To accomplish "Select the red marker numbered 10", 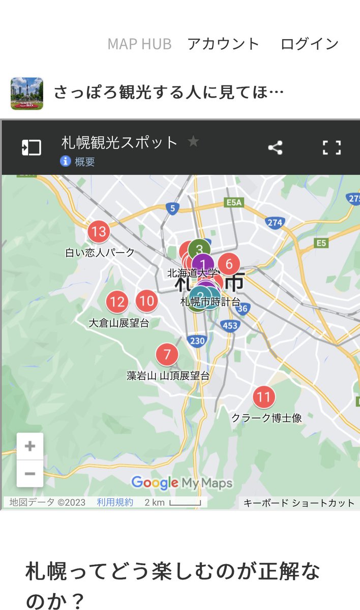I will tap(146, 301).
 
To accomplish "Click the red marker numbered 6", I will tap(229, 264).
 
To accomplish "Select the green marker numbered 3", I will tap(199, 249).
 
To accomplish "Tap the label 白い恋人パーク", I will tap(100, 252).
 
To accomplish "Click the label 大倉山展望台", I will tap(119, 323).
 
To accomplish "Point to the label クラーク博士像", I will tap(266, 418).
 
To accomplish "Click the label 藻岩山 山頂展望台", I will tap(168, 376).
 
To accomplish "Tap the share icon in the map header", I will tap(275, 148).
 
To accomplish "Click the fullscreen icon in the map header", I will tap(332, 148).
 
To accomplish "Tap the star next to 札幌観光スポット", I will tap(193, 141).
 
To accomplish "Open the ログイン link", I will tap(309, 44).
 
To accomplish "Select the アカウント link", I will tap(223, 44).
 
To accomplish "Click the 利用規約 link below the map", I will tap(115, 502).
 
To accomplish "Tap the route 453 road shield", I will tap(230, 326).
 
